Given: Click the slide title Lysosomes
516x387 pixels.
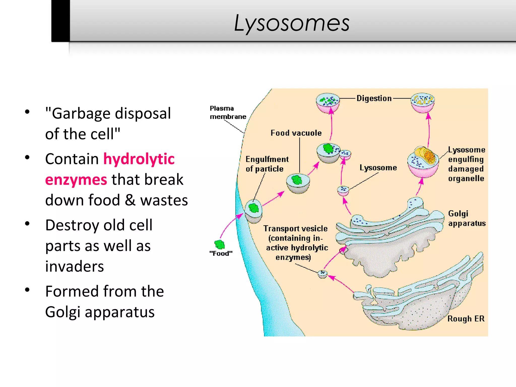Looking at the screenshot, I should click(x=292, y=23).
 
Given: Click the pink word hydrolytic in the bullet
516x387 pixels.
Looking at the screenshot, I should click(x=139, y=159).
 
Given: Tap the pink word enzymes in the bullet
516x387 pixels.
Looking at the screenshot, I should click(x=76, y=180).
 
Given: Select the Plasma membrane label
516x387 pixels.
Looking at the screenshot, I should click(x=228, y=112).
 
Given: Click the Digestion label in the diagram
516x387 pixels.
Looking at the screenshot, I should click(x=374, y=98).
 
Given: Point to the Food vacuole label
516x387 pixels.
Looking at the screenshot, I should click(x=296, y=133).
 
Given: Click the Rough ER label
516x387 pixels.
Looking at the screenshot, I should click(x=466, y=319).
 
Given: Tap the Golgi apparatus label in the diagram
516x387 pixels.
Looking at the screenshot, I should click(x=467, y=218).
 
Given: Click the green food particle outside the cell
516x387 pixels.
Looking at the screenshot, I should click(x=219, y=244).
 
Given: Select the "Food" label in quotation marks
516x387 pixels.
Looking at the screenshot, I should click(x=221, y=253).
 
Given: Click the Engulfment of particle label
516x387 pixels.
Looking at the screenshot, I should click(x=267, y=164).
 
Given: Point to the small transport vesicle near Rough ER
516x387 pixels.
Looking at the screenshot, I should click(x=322, y=274).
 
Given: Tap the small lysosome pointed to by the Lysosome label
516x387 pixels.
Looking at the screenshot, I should click(x=343, y=190).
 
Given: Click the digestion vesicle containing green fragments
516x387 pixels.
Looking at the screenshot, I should click(x=328, y=103).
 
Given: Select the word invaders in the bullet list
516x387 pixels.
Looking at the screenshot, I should click(x=75, y=267).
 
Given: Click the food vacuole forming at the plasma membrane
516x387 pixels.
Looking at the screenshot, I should click(x=253, y=211).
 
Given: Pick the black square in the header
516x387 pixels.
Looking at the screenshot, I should click(x=60, y=21).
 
